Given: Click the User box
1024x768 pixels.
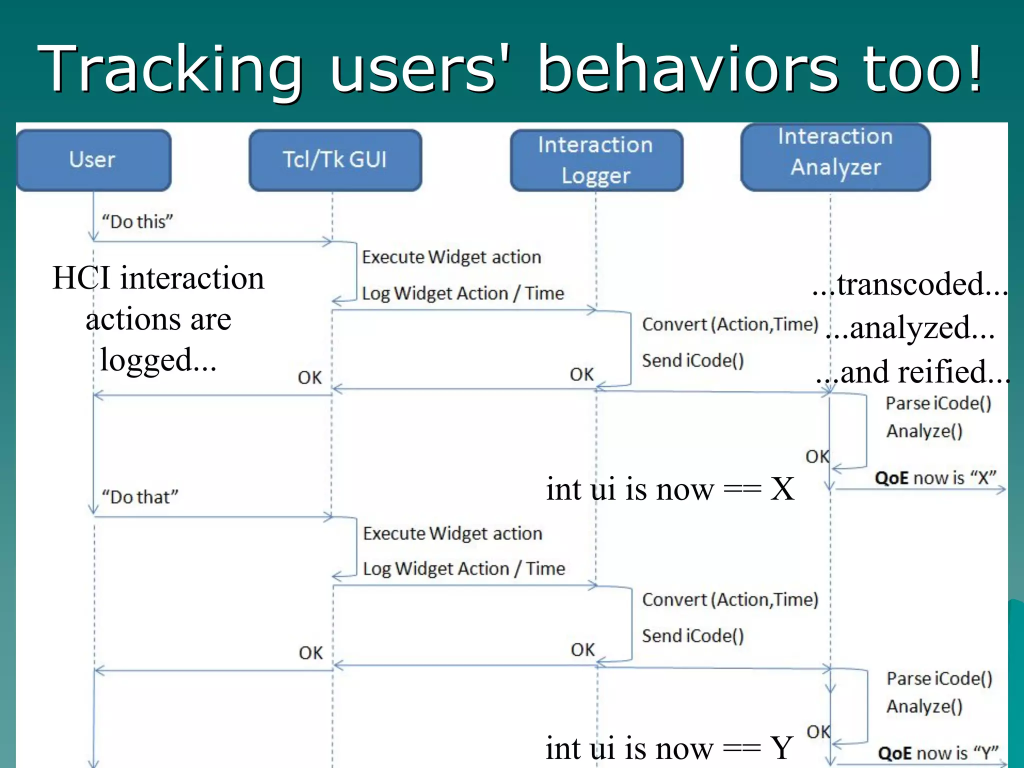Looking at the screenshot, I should (93, 160).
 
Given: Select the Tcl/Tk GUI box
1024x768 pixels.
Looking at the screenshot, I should (335, 160).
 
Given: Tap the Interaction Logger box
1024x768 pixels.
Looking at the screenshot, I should (596, 160).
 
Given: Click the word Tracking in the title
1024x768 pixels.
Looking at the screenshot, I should (170, 70).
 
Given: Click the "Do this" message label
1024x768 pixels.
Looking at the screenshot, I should (137, 221).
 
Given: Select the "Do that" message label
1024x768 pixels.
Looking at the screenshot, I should (140, 497).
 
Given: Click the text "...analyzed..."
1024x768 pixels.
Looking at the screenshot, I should (910, 328).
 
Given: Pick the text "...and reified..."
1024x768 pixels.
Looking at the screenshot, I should (913, 372).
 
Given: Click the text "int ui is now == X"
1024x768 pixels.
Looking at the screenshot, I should (670, 489).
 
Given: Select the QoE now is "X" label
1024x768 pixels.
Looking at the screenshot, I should (935, 478).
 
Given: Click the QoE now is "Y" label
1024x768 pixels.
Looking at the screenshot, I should (938, 752).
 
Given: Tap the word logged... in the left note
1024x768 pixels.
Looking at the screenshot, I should (158, 360).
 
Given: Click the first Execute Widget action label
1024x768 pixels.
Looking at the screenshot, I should (451, 257).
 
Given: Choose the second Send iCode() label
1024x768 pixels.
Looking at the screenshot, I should (693, 636).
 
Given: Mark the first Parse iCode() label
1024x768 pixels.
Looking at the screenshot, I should (938, 403).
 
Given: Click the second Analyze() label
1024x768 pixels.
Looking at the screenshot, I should (924, 706).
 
